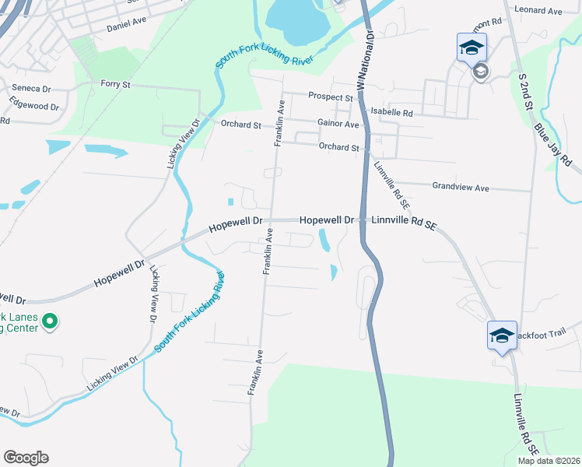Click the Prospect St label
(331, 97)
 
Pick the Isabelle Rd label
(391, 112)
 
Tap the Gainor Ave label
(338, 124)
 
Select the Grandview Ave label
(461, 188)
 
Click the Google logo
(26, 458)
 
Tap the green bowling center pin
(50, 321)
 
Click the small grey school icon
(480, 72)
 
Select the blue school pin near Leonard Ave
(472, 48)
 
